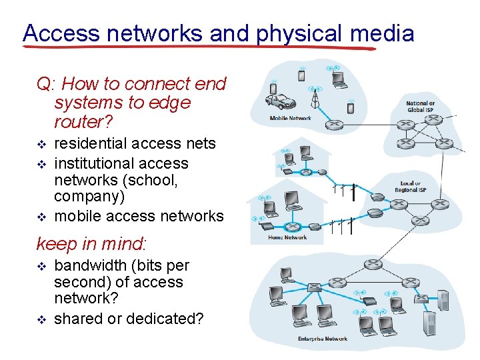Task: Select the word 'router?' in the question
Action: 83,122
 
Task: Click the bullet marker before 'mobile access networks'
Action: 41,217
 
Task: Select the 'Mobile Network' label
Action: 290,119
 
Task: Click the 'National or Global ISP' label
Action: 420,106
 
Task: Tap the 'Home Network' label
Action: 287,237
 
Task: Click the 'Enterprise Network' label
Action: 322,339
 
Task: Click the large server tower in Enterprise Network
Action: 431,322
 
